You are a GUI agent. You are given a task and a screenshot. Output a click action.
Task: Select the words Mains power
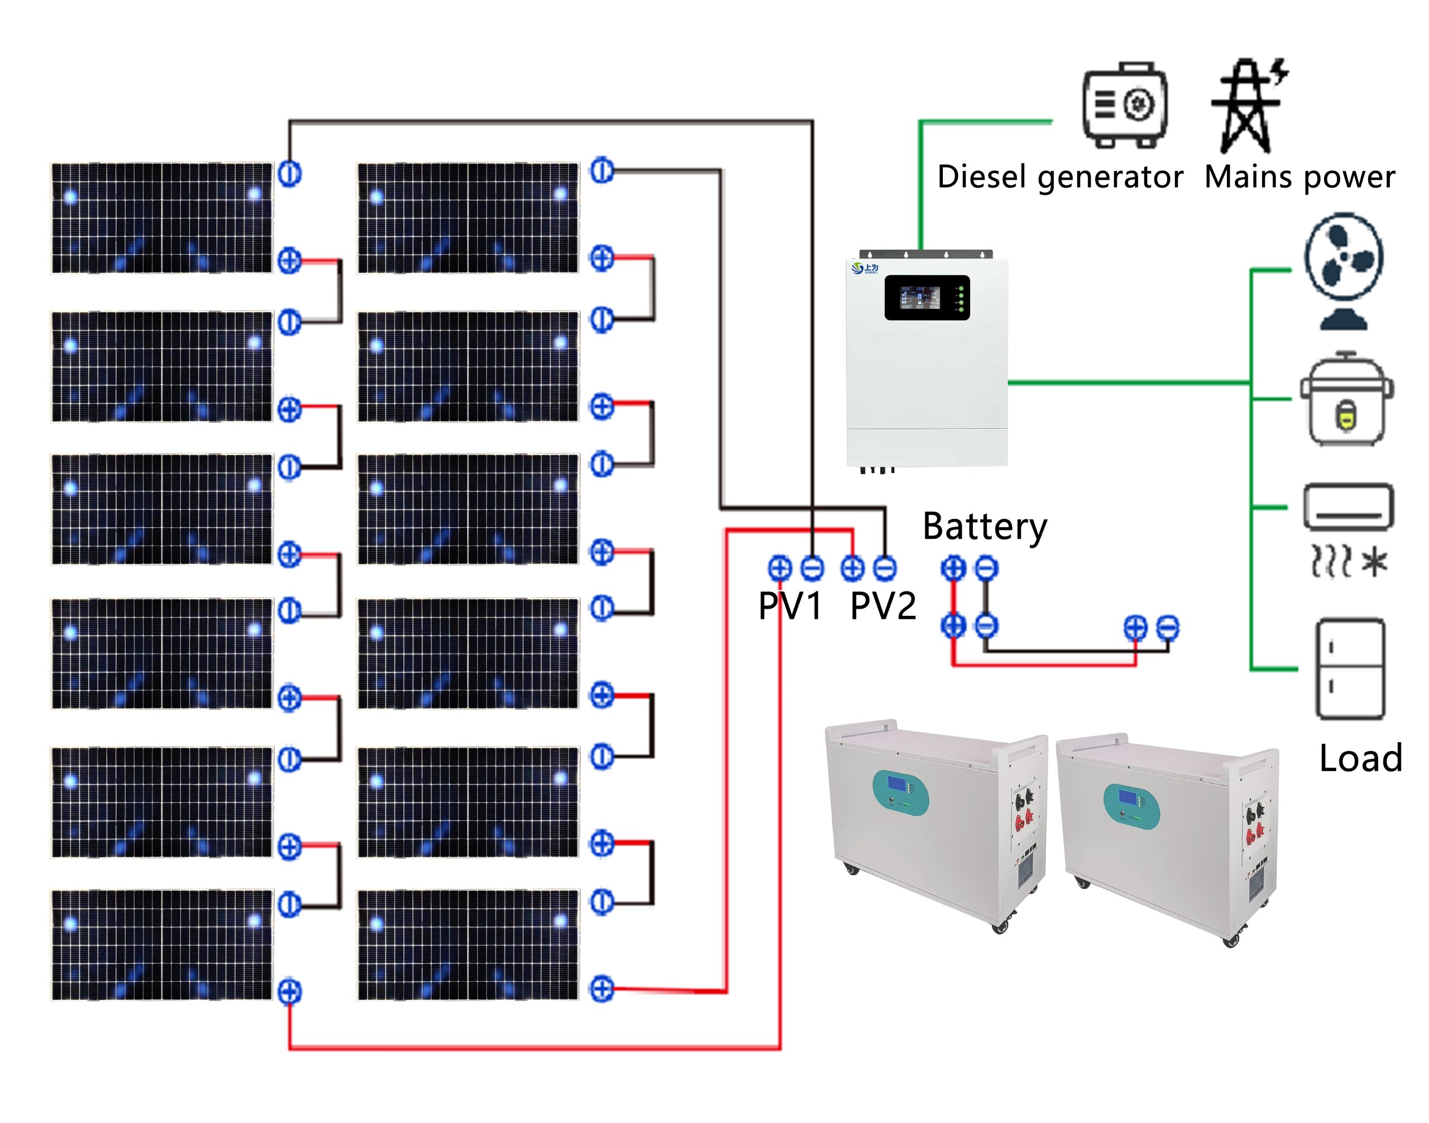click(1299, 177)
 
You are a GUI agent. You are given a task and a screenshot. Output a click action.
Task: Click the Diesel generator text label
click(1059, 177)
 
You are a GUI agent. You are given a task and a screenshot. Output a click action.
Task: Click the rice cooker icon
click(1346, 399)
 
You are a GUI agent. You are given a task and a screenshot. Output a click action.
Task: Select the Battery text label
click(984, 527)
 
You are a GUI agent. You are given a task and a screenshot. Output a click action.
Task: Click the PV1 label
click(789, 605)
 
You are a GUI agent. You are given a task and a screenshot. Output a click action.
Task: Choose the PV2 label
click(882, 605)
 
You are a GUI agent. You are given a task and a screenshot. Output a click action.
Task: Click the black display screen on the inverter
click(926, 297)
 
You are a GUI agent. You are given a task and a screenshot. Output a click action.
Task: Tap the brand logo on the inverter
click(864, 267)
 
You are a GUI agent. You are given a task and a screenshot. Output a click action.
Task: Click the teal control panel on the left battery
click(900, 792)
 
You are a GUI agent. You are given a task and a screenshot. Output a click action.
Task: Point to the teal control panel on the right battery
click(1130, 801)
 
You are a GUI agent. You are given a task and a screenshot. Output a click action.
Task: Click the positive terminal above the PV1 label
click(780, 567)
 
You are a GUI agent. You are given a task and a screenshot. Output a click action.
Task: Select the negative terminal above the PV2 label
click(885, 567)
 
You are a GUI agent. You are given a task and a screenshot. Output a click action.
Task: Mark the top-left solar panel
click(162, 218)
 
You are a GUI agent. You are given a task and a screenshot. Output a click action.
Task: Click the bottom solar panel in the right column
click(467, 945)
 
